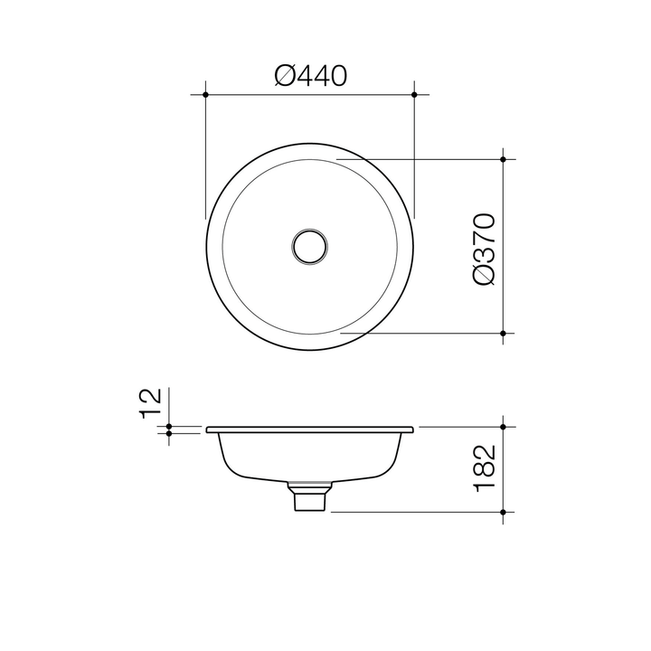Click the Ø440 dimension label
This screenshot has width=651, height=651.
coord(310,77)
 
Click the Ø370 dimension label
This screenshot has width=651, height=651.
coord(483,250)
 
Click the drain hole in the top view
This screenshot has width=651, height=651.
coord(310,246)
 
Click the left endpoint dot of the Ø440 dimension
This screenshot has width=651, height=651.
coord(206,94)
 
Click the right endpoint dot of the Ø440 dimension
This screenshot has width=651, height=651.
coord(414,94)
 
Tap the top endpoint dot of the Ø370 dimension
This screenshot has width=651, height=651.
coord(504,159)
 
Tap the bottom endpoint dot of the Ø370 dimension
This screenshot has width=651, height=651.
coord(504,333)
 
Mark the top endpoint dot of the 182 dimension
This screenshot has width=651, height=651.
coord(504,426)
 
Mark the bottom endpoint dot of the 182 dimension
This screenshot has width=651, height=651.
coord(504,512)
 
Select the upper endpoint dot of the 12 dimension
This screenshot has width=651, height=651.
coord(169,426)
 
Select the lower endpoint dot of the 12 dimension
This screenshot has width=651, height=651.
coord(169,433)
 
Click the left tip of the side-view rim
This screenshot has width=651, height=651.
coord(208,429)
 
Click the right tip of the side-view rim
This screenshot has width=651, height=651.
coord(413,429)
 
